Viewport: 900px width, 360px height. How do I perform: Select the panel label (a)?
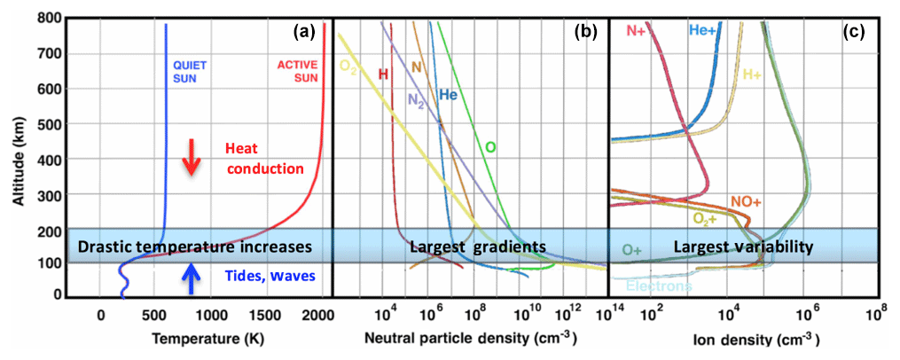[305, 33]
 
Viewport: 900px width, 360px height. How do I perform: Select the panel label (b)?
[585, 33]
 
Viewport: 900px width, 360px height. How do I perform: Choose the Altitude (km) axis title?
[19, 158]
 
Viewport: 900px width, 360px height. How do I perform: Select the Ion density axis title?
[756, 339]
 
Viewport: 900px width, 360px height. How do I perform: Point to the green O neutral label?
[490, 145]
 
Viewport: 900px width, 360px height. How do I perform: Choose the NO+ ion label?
[746, 202]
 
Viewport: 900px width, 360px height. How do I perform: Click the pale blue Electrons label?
[660, 286]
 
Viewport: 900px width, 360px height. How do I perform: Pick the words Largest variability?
[743, 247]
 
